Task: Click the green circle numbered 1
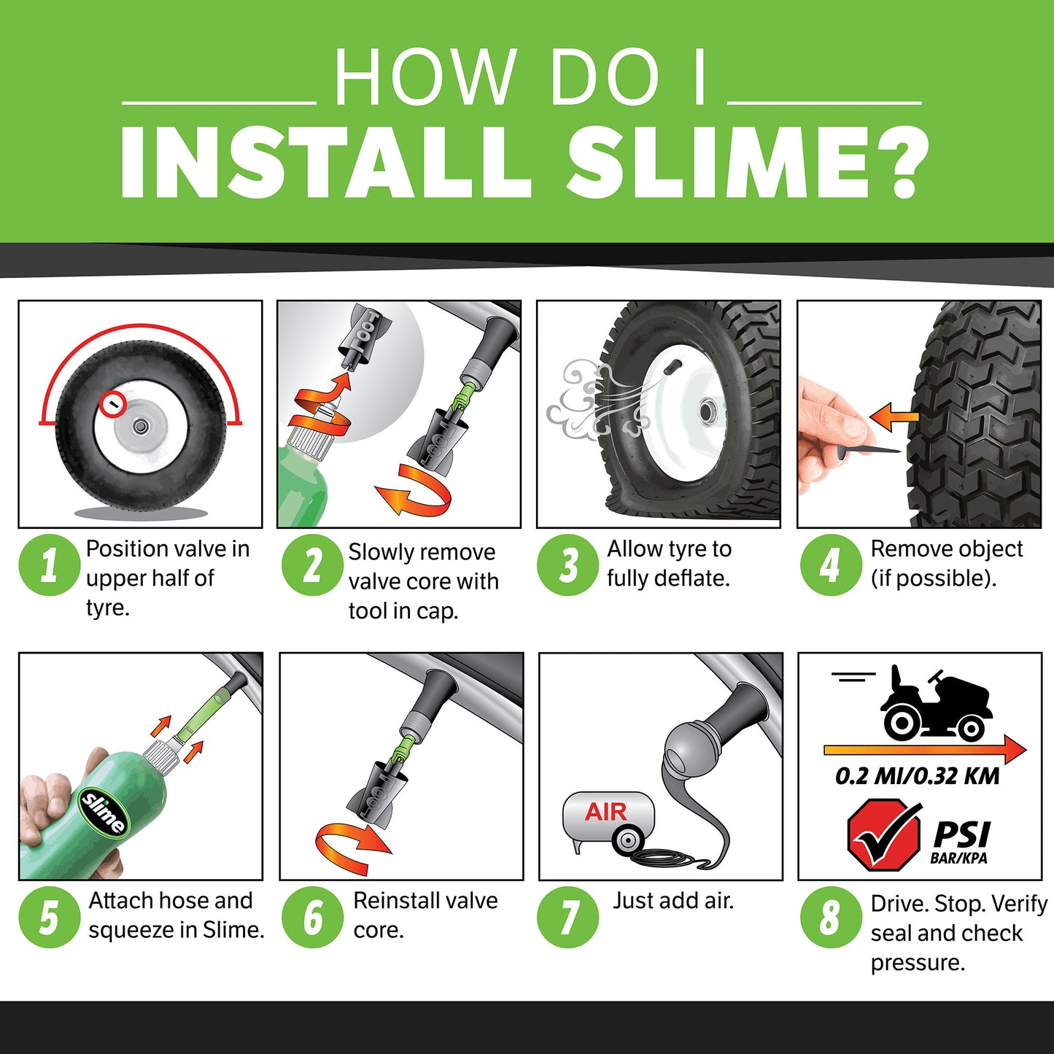[49, 565]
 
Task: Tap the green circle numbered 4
[831, 565]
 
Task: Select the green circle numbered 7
[567, 917]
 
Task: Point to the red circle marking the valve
[113, 403]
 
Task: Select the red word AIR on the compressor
[605, 812]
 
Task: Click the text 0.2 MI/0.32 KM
[917, 776]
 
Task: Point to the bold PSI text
[961, 834]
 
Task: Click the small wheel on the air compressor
[627, 840]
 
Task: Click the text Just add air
[673, 901]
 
